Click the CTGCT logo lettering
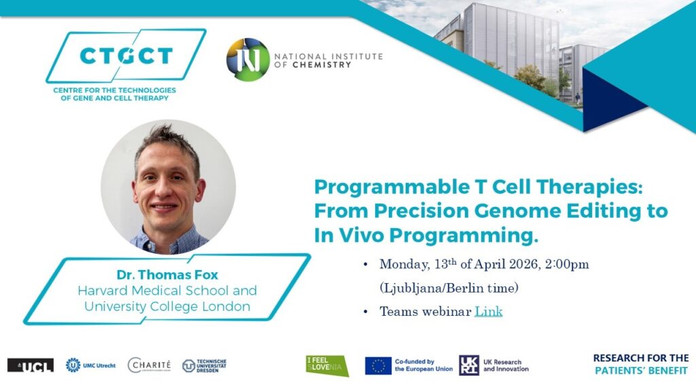point(126,56)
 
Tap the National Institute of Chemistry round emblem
point(247,60)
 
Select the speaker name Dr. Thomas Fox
point(167,275)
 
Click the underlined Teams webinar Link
point(488,311)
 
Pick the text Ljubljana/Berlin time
point(449,288)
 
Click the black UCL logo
point(30,365)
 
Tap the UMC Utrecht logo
point(90,365)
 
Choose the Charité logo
point(149,365)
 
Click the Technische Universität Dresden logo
point(204,365)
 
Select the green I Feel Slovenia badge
point(327,365)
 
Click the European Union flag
point(378,365)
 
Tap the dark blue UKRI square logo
point(469,365)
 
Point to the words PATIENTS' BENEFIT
point(641,370)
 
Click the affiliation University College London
point(167,306)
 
